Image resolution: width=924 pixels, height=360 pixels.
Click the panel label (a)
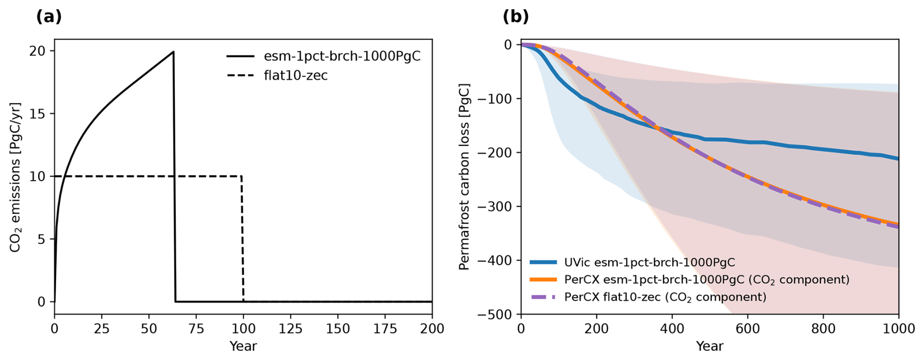click(49, 17)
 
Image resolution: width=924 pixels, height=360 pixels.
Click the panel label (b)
click(516, 17)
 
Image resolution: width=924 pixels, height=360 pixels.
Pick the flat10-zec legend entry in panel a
click(295, 75)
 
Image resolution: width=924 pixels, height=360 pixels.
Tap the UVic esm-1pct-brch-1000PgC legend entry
click(649, 262)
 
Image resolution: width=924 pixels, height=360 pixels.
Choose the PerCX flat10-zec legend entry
click(665, 297)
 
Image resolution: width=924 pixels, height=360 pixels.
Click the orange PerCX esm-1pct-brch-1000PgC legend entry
click(706, 279)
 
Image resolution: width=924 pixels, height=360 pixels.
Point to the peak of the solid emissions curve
click(173, 52)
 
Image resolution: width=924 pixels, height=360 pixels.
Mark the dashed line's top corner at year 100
click(242, 176)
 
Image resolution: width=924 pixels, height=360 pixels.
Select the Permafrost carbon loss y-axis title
click(464, 177)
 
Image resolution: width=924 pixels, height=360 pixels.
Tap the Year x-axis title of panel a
click(243, 346)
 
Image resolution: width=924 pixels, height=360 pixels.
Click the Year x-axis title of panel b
click(709, 346)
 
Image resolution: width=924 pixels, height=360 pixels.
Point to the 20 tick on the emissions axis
click(38, 51)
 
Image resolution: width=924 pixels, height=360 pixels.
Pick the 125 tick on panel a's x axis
click(290, 329)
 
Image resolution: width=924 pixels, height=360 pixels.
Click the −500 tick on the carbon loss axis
click(496, 314)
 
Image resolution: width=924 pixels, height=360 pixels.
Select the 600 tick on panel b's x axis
click(748, 329)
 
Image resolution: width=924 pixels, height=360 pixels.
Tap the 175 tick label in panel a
click(385, 329)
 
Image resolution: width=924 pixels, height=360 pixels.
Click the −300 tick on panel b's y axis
click(496, 207)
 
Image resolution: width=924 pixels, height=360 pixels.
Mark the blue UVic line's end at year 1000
click(898, 158)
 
